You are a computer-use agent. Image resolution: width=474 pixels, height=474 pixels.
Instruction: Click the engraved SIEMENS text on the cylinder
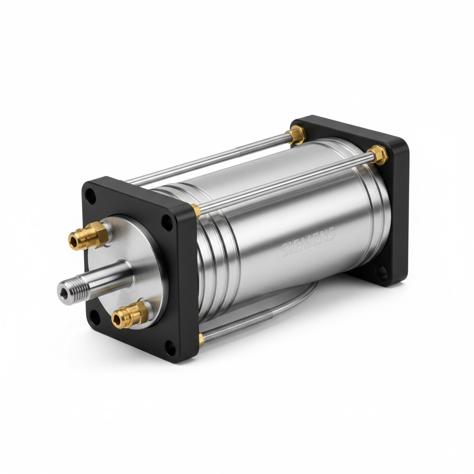[x=307, y=243]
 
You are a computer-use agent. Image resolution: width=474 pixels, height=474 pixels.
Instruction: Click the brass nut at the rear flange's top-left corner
[x=296, y=135]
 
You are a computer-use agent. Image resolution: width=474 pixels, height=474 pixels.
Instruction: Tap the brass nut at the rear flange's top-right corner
[x=379, y=154]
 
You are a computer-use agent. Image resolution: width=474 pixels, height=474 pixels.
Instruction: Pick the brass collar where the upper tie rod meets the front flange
[x=196, y=211]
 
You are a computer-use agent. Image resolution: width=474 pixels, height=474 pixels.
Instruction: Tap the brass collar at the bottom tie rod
[x=201, y=339]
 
